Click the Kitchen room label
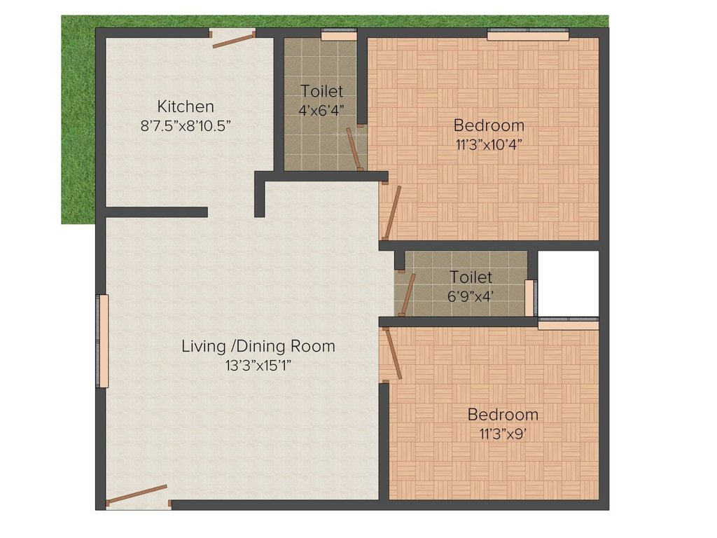[x=185, y=106]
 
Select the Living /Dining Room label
[x=258, y=345]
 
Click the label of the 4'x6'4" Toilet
[x=321, y=91]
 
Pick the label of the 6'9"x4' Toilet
[x=471, y=277]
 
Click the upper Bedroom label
[x=489, y=125]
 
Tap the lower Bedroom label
[x=503, y=414]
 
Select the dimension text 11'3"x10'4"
[x=489, y=144]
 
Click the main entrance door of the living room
[x=137, y=495]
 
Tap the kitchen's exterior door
[x=233, y=39]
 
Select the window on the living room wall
[x=104, y=340]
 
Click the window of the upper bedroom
[x=528, y=34]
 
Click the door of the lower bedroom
[x=391, y=354]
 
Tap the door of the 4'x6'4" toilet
[x=355, y=148]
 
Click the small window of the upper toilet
[x=339, y=34]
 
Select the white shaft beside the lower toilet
[x=568, y=283]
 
